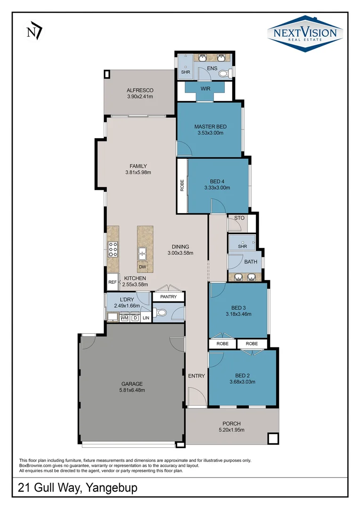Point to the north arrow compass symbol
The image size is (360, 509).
34,32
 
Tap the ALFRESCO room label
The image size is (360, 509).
140,90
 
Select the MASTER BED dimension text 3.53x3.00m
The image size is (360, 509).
210,133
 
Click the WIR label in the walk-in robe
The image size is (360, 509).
205,89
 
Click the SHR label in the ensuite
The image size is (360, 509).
185,72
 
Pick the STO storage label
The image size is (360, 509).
239,218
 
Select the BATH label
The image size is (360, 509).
250,262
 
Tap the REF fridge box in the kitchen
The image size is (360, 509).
112,282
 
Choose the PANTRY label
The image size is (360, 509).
168,297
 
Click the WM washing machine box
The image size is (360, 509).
124,318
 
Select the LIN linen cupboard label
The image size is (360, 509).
146,319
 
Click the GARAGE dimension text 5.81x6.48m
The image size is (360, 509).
131,390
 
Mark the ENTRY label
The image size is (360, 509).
196,376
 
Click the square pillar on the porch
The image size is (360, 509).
273,438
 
